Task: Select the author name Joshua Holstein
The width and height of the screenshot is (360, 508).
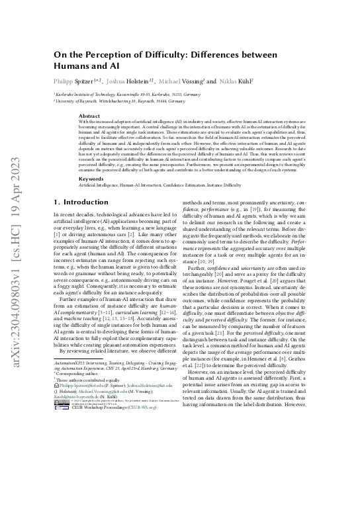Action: pyautogui.click(x=146, y=81)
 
